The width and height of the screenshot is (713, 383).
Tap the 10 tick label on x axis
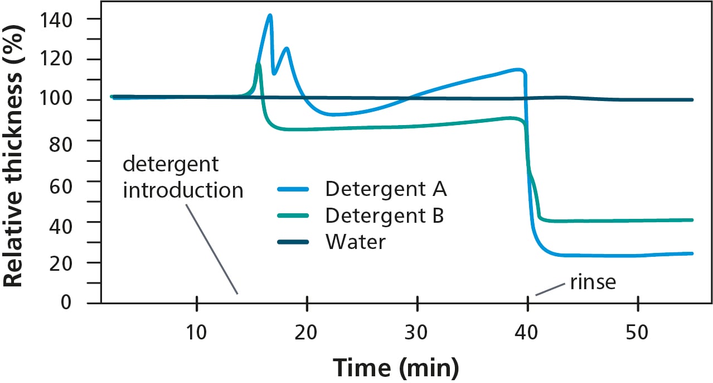click(197, 333)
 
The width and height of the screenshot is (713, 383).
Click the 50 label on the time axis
click(637, 333)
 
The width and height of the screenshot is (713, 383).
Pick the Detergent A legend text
click(386, 189)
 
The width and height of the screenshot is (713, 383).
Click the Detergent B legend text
click(385, 216)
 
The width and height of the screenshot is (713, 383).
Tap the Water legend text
click(355, 242)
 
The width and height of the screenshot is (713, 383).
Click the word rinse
click(593, 282)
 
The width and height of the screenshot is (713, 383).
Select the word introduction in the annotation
click(183, 190)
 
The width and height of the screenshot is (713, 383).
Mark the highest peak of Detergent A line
click(270, 15)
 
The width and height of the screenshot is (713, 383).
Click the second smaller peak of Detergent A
click(287, 48)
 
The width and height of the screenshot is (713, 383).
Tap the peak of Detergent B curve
click(259, 64)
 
